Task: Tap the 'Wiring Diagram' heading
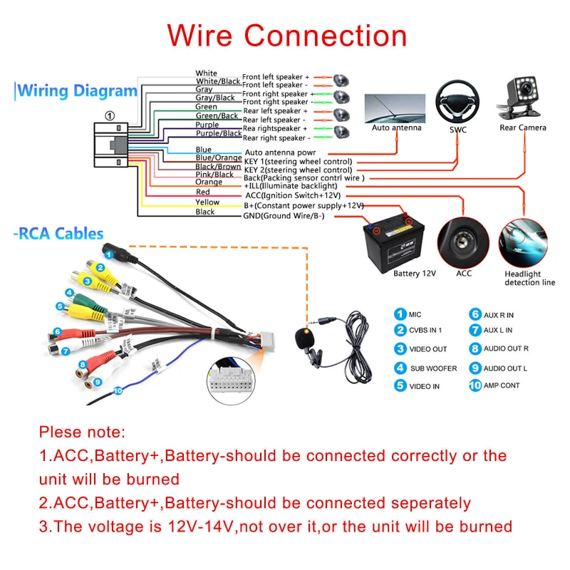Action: tap(77, 91)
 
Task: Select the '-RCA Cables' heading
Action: tap(60, 234)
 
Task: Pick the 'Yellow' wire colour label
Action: tap(207, 202)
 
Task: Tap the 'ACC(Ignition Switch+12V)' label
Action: tap(292, 195)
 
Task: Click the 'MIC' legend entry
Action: tap(415, 313)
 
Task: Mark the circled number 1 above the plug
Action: tap(109, 115)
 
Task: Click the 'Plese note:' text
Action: tap(82, 432)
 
